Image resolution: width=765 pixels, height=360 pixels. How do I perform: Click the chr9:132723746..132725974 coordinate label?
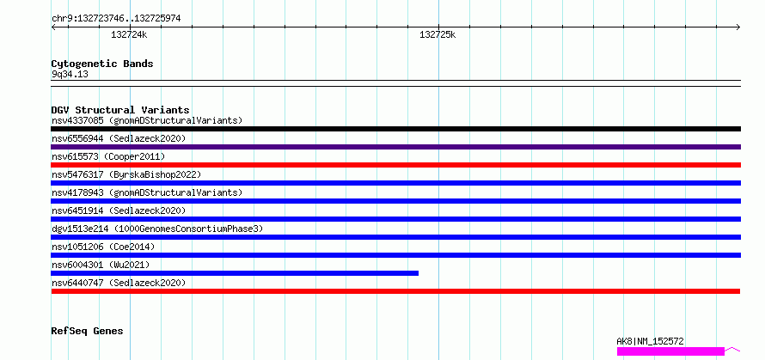pos(116,19)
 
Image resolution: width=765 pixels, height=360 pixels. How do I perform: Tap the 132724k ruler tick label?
pos(129,34)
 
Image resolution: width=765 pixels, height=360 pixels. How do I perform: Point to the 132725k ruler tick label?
pos(438,34)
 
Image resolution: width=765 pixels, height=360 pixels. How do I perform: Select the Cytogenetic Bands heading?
pos(102,64)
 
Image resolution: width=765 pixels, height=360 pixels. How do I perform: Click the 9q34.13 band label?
pos(70,74)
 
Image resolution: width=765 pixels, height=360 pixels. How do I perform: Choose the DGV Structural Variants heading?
pos(120,110)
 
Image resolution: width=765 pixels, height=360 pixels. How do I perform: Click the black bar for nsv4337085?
pos(396,129)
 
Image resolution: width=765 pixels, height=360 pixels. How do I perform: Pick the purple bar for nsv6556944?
pos(396,147)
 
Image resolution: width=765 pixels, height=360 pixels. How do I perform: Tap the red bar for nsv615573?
pos(396,165)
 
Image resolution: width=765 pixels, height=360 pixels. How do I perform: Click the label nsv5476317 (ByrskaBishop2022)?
pos(125,174)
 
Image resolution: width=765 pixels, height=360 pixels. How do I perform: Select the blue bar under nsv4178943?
pos(396,201)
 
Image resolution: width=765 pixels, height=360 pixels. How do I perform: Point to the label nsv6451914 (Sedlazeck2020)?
pos(119,211)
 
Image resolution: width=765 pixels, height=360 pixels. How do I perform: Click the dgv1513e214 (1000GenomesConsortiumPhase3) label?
pos(157,229)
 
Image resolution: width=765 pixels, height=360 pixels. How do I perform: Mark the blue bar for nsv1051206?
pos(396,255)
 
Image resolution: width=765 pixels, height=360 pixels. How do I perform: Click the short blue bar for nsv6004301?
pos(235,273)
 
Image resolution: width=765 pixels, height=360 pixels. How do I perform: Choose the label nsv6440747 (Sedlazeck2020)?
pos(119,283)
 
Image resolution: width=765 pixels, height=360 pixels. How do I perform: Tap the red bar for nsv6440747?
pos(395,291)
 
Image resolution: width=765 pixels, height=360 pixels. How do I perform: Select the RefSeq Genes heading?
pos(87,332)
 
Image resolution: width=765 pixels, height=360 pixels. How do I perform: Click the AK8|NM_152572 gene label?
pos(651,341)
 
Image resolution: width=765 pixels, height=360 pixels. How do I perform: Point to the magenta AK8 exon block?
pos(670,351)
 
